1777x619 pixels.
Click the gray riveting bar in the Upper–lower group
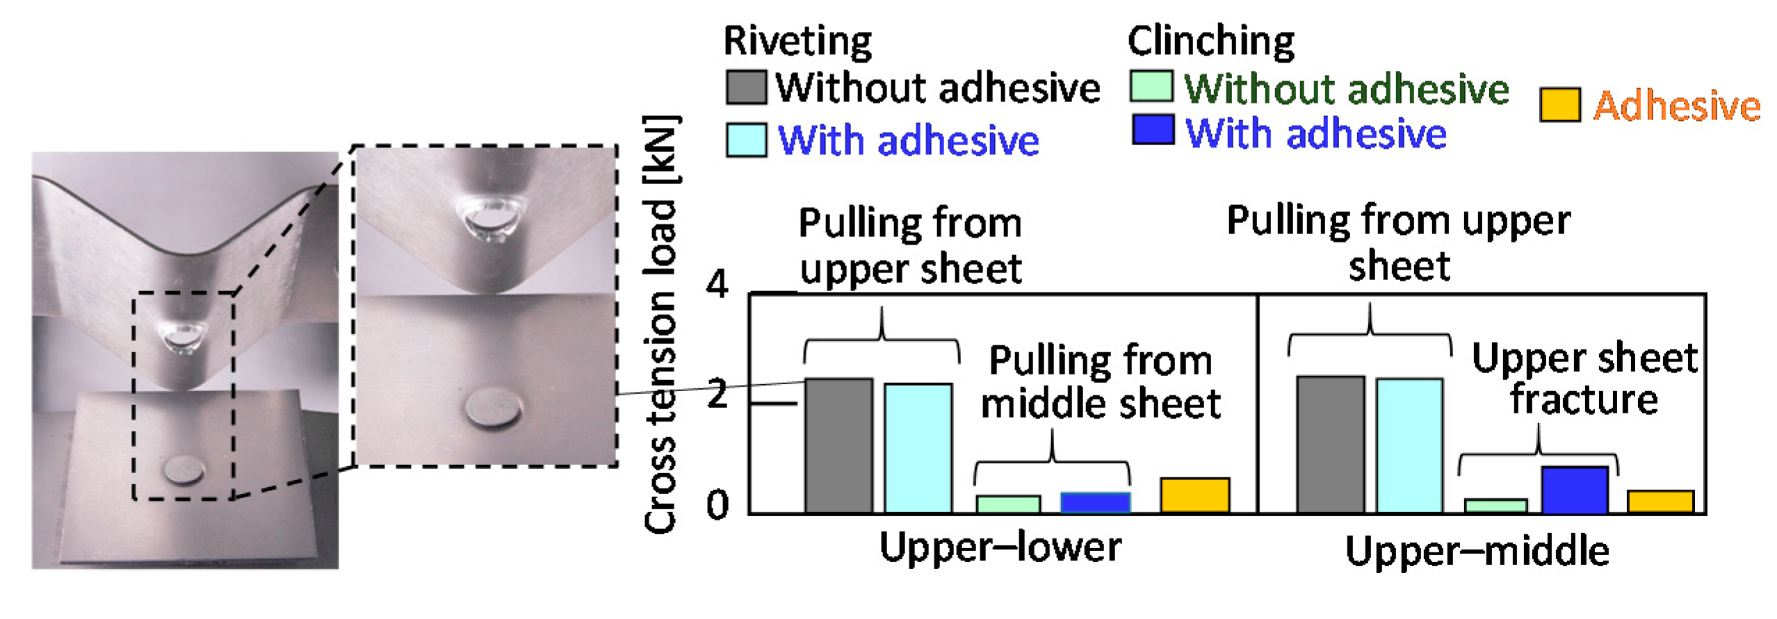point(838,446)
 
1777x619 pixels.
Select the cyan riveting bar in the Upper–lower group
point(918,448)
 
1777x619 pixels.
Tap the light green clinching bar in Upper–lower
point(1008,504)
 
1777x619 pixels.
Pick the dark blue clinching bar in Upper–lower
point(1095,502)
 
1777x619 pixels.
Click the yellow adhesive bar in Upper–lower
point(1194,495)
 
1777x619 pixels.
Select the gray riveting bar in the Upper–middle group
point(1331,445)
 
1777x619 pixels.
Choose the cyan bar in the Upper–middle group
point(1409,446)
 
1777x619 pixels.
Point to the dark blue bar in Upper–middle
point(1575,490)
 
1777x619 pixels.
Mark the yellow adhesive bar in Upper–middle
point(1660,502)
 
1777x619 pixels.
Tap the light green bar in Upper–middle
point(1495,506)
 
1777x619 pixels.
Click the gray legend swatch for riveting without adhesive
point(746,87)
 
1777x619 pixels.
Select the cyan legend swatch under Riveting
point(746,140)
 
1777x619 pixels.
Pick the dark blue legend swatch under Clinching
point(1153,130)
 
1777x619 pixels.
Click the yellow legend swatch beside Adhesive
point(1559,105)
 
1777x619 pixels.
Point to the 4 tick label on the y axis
point(717,284)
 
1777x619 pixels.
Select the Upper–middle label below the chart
point(1477,553)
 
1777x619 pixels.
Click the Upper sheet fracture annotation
point(1584,379)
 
